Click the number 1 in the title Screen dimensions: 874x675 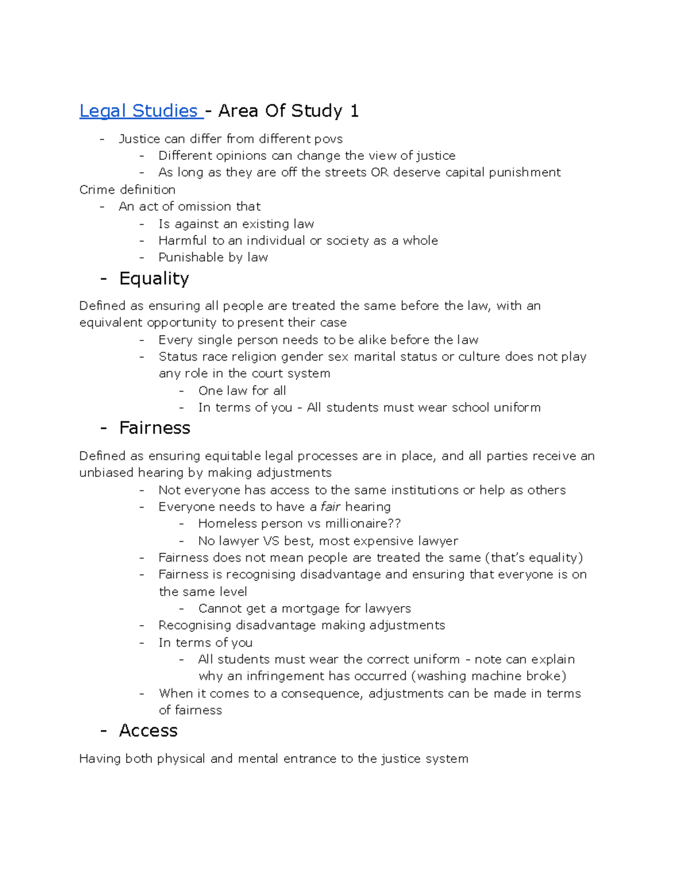pyautogui.click(x=354, y=111)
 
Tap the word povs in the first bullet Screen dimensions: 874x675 pyautogui.click(x=328, y=139)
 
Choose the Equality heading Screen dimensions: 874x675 pyautogui.click(x=154, y=279)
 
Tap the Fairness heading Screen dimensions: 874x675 pyautogui.click(x=155, y=428)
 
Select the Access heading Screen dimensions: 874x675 pyautogui.click(x=148, y=730)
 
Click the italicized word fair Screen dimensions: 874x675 pyautogui.click(x=331, y=507)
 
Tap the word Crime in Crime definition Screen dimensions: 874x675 pyautogui.click(x=97, y=190)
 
